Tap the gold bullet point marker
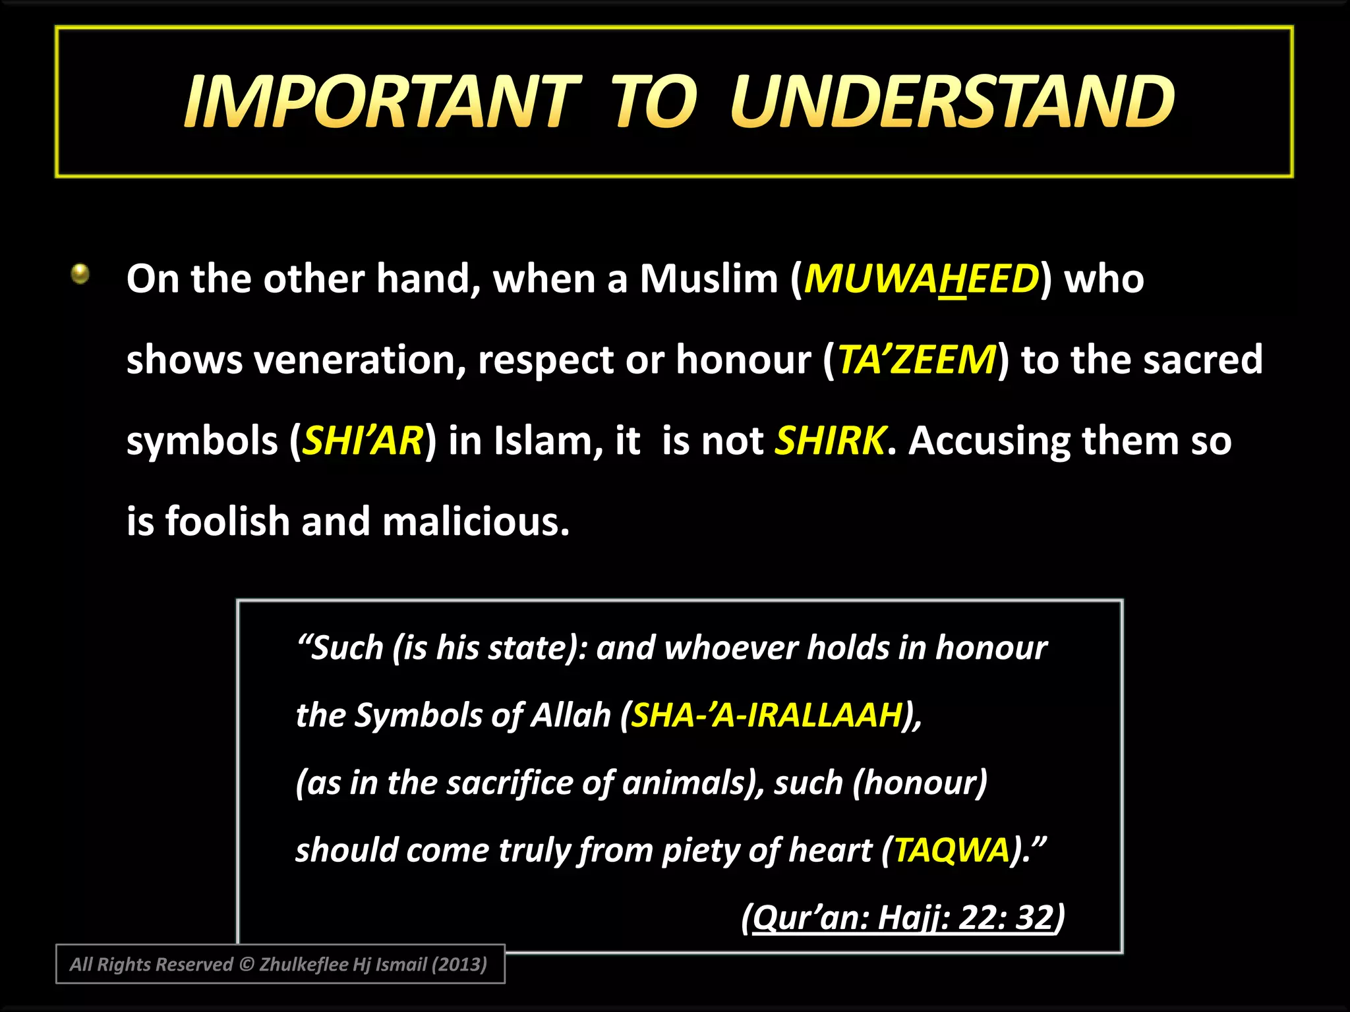click(80, 273)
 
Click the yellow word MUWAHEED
click(922, 279)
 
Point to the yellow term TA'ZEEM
click(916, 360)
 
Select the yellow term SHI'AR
click(363, 441)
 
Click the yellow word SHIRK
click(831, 441)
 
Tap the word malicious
click(475, 522)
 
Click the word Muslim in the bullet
click(709, 279)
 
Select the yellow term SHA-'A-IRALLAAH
click(767, 715)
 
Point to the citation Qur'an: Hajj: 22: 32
click(902, 917)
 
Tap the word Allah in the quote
click(571, 715)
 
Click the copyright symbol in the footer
click(247, 965)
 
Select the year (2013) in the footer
click(459, 965)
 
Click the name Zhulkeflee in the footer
click(304, 965)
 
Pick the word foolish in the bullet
click(227, 522)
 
